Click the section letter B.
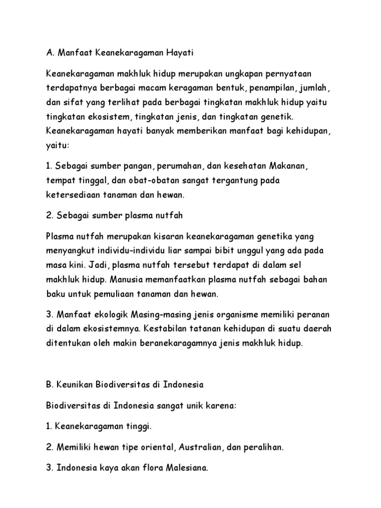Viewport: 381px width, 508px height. (x=49, y=384)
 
